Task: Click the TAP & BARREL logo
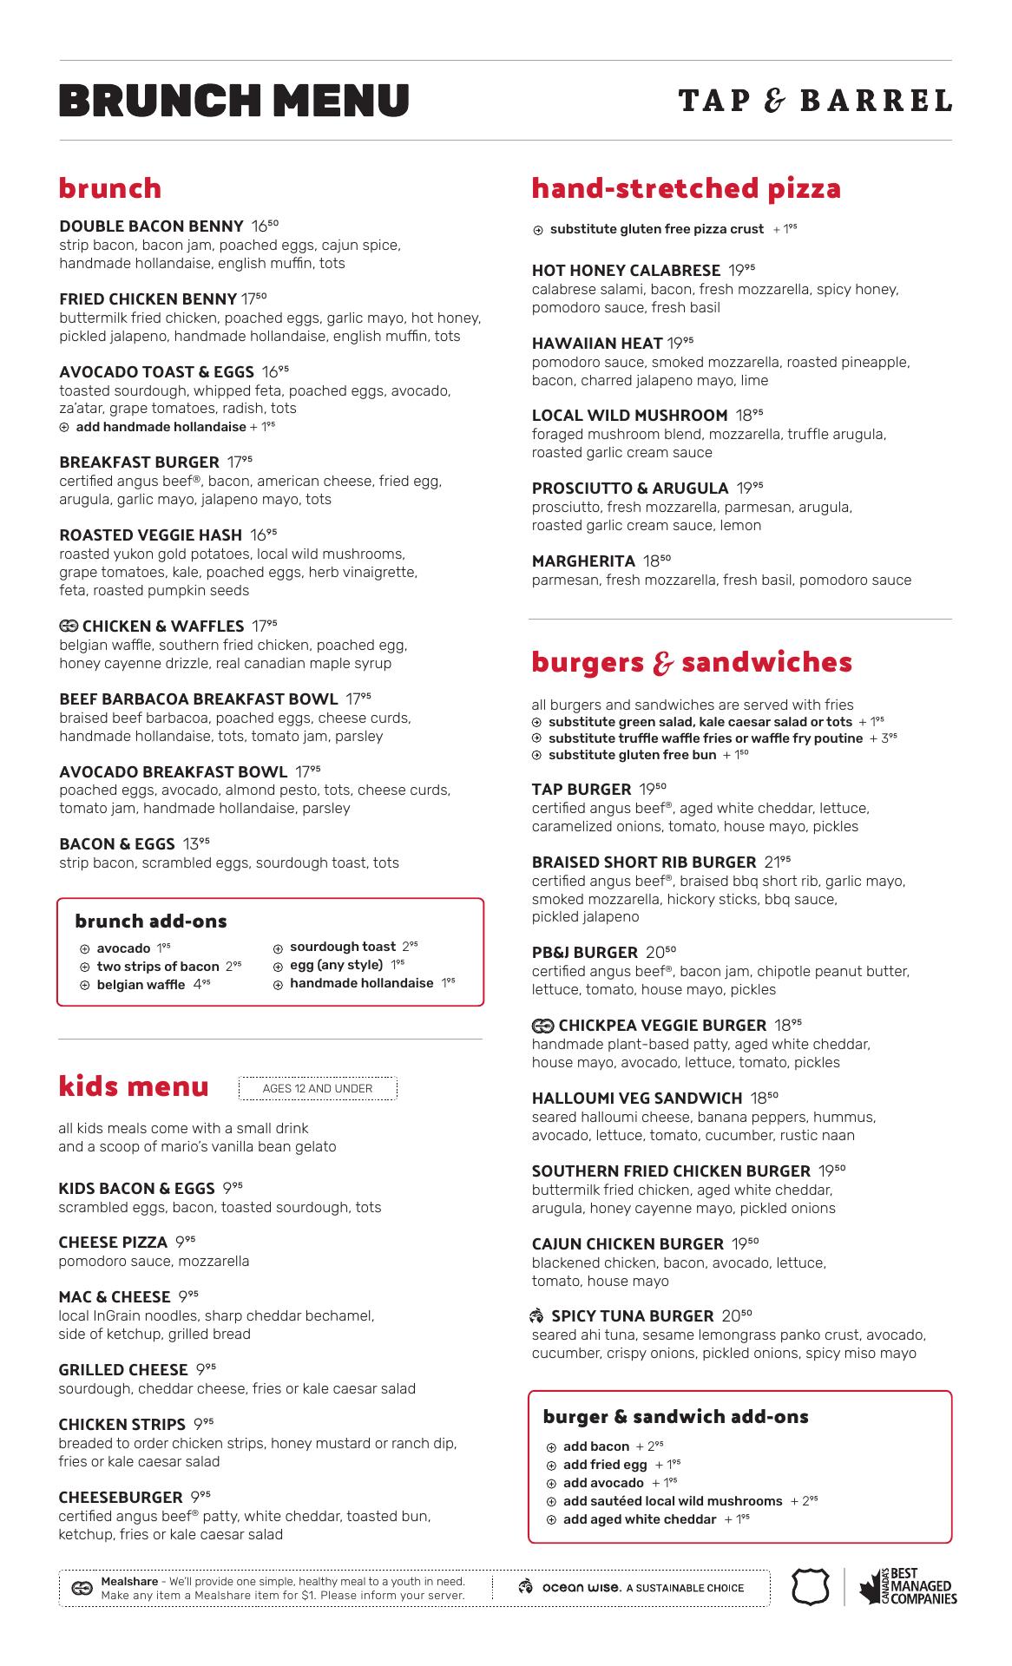(x=815, y=102)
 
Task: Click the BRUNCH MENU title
(x=234, y=101)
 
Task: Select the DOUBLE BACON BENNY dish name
(x=151, y=226)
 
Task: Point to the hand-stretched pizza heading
(x=686, y=188)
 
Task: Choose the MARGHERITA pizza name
(x=583, y=561)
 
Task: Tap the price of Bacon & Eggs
(x=196, y=843)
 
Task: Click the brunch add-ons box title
(x=151, y=921)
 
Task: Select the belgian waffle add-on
(x=141, y=985)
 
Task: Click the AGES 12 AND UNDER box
(x=318, y=1088)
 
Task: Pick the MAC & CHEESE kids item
(x=115, y=1296)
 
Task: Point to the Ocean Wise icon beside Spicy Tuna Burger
(x=537, y=1315)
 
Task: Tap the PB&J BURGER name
(x=584, y=952)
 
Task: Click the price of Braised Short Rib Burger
(x=778, y=862)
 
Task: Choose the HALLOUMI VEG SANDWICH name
(x=637, y=1099)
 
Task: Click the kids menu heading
(x=134, y=1086)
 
